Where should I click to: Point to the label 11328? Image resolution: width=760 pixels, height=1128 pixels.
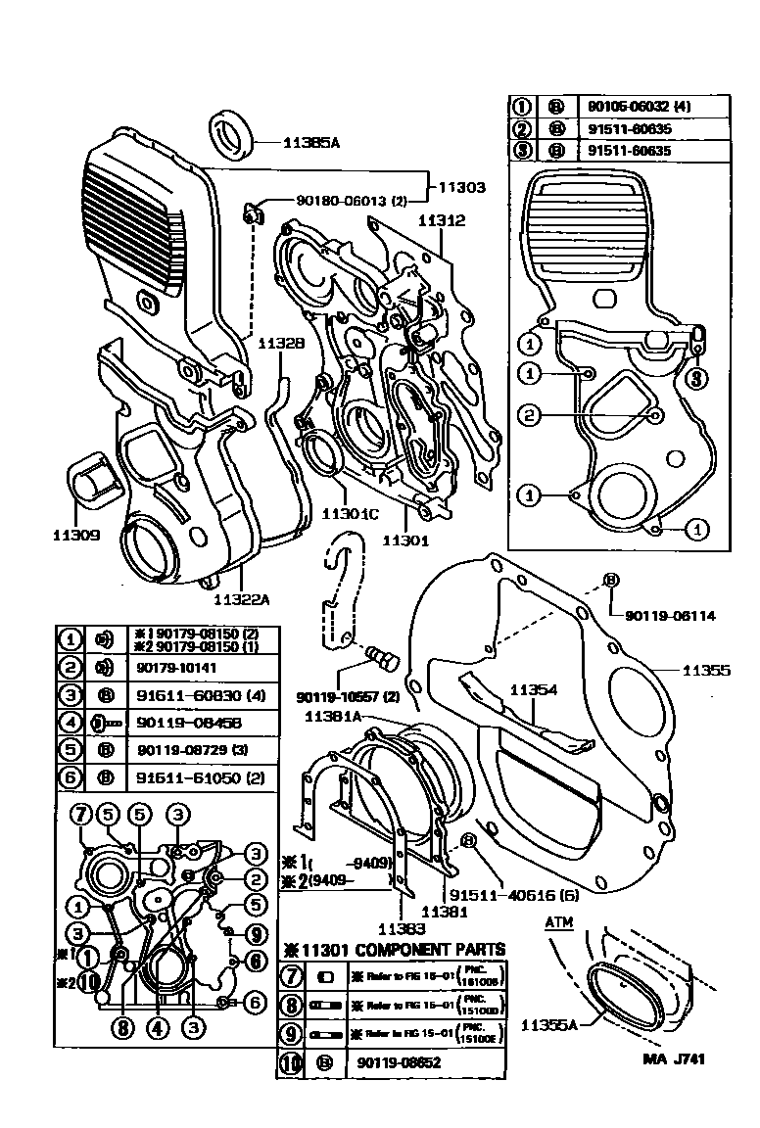click(x=281, y=344)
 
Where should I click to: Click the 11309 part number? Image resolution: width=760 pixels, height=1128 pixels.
click(x=76, y=536)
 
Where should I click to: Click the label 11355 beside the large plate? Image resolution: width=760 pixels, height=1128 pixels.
click(x=706, y=671)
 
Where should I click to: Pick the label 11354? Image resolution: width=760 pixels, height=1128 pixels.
click(x=534, y=690)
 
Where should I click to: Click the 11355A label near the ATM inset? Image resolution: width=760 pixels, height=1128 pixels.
click(x=548, y=1025)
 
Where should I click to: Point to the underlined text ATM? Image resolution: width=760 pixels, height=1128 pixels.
click(x=559, y=922)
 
